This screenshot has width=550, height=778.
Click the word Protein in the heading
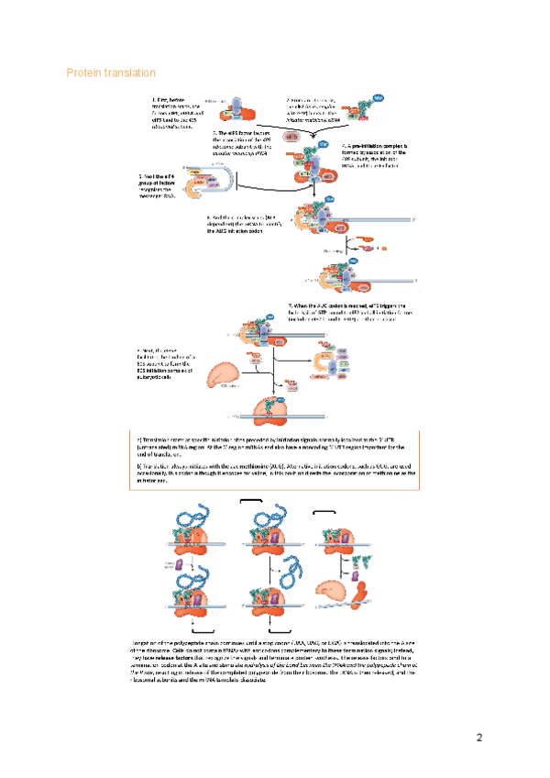pyautogui.click(x=85, y=72)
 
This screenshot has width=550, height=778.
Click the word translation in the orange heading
pyautogui.click(x=130, y=72)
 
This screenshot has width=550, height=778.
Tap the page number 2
pyautogui.click(x=478, y=737)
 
